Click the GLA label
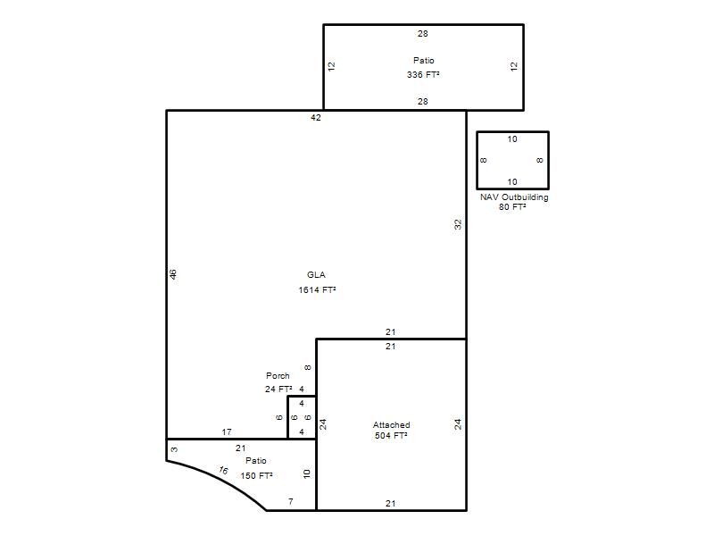(x=316, y=275)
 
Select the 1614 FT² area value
(x=318, y=289)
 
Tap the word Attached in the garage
(x=391, y=425)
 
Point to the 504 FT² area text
(x=391, y=436)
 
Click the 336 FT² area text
(x=423, y=74)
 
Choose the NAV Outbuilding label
(x=514, y=197)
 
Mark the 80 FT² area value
(x=512, y=207)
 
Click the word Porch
(x=278, y=375)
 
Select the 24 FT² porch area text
(x=278, y=389)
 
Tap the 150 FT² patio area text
(x=256, y=476)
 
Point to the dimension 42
(x=316, y=118)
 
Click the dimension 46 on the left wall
(x=173, y=274)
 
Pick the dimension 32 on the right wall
(x=458, y=225)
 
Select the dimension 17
(x=227, y=431)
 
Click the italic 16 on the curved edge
(x=223, y=470)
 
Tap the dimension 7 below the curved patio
(x=291, y=502)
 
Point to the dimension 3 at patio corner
(x=174, y=449)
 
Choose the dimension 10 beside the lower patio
(x=306, y=474)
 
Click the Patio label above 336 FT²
(x=423, y=60)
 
